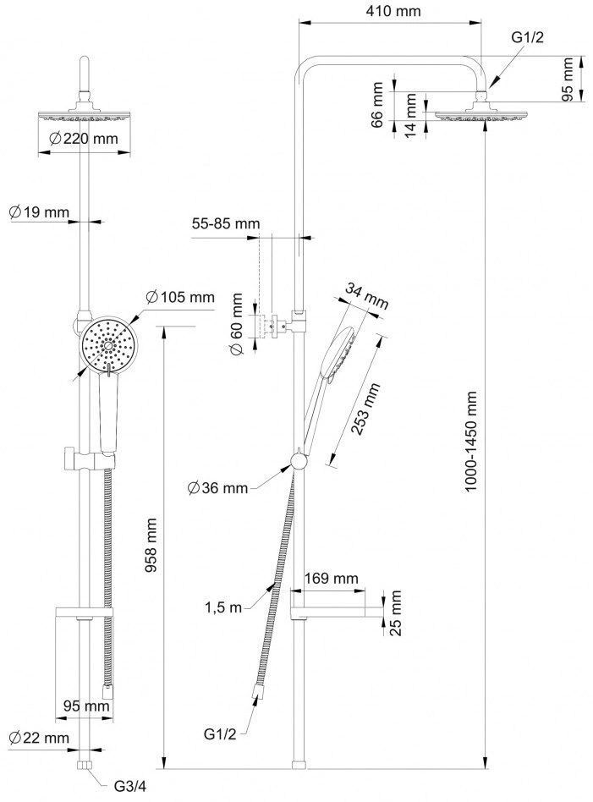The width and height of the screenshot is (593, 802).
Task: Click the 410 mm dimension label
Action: point(393,11)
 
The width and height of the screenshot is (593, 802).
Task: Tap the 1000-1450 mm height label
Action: point(470,442)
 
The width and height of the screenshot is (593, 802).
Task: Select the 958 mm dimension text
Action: point(151,545)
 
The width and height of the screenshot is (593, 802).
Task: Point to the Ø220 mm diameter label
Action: point(84,138)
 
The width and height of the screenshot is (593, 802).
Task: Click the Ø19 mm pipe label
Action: point(39,211)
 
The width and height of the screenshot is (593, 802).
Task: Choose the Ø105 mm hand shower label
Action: point(180,297)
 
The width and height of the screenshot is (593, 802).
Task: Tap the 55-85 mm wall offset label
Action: point(226,223)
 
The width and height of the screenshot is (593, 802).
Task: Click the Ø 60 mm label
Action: point(236,324)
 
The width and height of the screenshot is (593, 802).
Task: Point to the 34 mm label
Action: point(366,296)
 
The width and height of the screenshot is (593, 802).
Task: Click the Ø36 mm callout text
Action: point(217,488)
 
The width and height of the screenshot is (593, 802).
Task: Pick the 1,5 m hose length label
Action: point(223,607)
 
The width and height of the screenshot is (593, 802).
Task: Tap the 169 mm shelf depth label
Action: point(332,579)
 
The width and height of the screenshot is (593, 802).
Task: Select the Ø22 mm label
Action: point(39,738)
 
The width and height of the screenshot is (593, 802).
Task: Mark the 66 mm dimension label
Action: point(376,105)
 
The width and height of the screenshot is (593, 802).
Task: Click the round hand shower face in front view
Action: point(107,346)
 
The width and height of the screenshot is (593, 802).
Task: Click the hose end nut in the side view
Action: point(257,693)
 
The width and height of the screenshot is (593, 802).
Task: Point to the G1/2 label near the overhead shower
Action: point(527,37)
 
